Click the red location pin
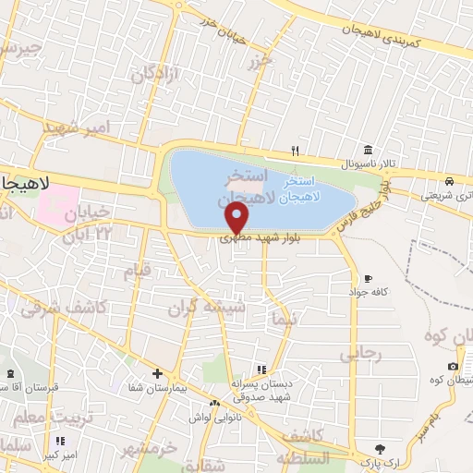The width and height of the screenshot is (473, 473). click(237, 217)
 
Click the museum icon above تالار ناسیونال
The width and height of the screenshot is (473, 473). click(369, 151)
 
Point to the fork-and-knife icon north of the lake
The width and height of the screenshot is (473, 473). click(296, 150)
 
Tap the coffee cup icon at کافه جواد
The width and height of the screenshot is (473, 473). click(369, 278)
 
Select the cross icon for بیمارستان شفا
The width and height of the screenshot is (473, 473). click(157, 374)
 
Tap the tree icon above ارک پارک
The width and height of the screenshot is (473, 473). click(377, 448)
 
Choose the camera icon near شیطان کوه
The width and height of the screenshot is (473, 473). click(453, 367)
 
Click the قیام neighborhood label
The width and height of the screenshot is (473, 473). click(137, 272)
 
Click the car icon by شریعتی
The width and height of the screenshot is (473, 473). click(448, 181)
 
